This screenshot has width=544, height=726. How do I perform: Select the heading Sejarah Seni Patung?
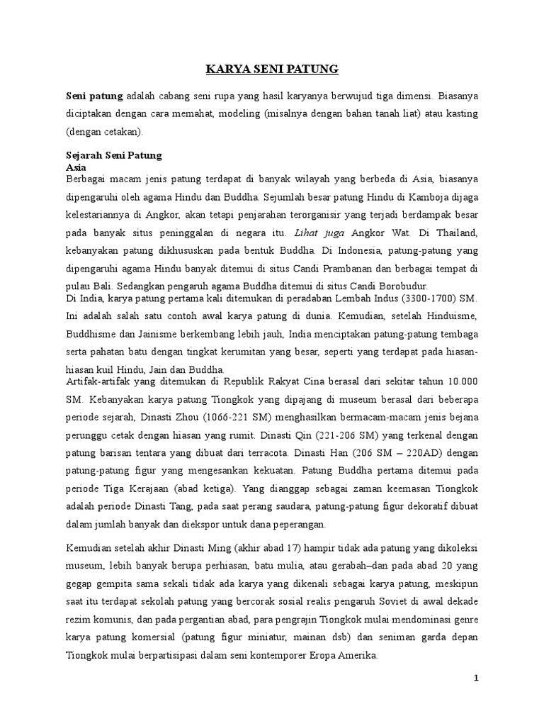pos(114,155)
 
